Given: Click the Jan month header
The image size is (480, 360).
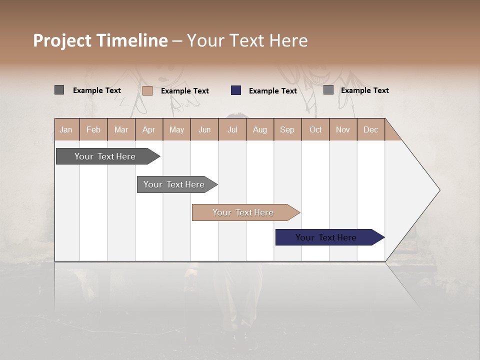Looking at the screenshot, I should (x=66, y=129).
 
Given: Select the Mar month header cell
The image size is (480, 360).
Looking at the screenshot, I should (x=121, y=129).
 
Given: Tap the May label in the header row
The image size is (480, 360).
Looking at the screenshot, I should (x=176, y=129).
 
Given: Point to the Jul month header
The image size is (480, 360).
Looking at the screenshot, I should (x=232, y=129).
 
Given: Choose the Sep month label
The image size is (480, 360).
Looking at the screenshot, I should (x=287, y=129).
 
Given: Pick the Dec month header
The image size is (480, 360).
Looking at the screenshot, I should (x=370, y=129).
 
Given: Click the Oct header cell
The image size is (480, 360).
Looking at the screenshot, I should (x=315, y=129).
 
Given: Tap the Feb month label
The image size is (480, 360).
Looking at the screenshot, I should (x=93, y=129).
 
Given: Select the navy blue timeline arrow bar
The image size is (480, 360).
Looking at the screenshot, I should (x=326, y=237).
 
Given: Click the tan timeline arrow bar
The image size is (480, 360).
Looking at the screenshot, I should (x=243, y=212).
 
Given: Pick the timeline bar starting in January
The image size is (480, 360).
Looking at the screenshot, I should (x=105, y=156).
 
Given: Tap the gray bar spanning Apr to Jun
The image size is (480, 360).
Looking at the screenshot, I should (x=174, y=184).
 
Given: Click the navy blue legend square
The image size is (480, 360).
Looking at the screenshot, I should (x=236, y=90).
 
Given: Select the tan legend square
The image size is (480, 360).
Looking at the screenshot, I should (x=147, y=90).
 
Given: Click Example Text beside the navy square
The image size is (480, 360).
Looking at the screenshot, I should (x=273, y=91).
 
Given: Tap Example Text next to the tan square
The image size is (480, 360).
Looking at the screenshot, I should (x=185, y=91).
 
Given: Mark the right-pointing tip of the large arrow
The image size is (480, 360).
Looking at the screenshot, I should (x=438, y=190).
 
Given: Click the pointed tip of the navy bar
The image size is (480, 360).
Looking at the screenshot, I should (x=383, y=237).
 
